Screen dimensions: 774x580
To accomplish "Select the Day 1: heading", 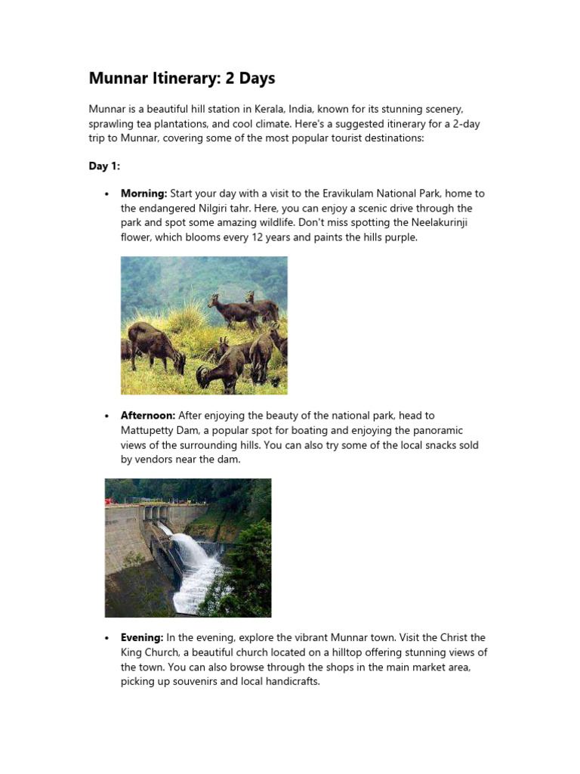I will pos(104,166).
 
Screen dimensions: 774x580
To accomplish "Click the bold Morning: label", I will pos(143,194).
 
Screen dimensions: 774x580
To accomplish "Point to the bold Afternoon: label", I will pos(148,415).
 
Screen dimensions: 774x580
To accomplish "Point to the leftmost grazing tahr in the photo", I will pos(154,345).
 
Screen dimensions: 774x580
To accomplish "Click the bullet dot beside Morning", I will pos(107,195).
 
